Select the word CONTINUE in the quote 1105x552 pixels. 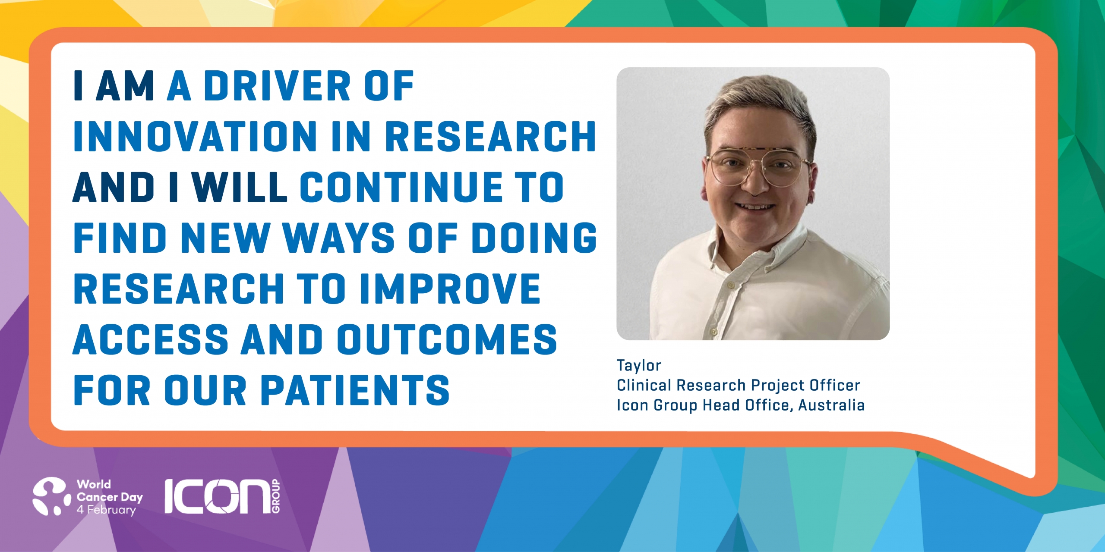click(401, 187)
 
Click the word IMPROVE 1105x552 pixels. click(449, 289)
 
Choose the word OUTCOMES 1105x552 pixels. click(447, 339)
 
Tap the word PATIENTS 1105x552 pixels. click(356, 390)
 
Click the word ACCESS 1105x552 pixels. click(151, 339)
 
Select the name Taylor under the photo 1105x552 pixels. click(639, 366)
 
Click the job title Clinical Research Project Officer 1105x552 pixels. click(739, 385)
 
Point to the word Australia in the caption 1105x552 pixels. click(831, 405)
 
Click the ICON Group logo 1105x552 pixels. click(222, 496)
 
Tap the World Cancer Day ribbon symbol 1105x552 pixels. click(51, 496)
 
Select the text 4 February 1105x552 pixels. click(106, 510)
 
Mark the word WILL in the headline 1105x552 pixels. click(240, 187)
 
